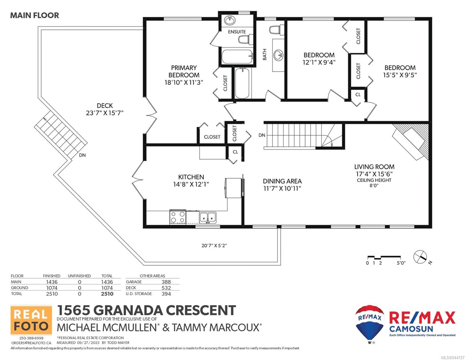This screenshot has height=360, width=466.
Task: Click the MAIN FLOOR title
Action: click(x=35, y=15)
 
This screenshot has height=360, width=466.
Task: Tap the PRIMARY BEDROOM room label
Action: click(x=184, y=71)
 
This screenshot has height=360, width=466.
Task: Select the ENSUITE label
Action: click(x=237, y=32)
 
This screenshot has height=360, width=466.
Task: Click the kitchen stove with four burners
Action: click(x=178, y=217)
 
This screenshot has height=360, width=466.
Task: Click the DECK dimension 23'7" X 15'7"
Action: click(x=105, y=113)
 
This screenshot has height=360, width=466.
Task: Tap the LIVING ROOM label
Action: click(x=374, y=166)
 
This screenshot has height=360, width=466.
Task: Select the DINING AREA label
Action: click(x=282, y=181)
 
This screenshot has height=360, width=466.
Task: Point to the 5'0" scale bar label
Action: click(x=401, y=263)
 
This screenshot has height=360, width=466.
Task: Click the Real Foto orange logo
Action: click(x=31, y=320)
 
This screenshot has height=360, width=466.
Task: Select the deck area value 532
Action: click(x=166, y=288)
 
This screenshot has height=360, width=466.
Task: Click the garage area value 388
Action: click(x=166, y=282)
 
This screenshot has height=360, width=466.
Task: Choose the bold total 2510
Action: click(x=107, y=294)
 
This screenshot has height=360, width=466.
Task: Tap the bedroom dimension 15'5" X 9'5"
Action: click(x=400, y=75)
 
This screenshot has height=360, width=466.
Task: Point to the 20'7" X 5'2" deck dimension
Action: click(x=214, y=245)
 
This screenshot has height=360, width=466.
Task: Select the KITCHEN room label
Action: click(x=191, y=177)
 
